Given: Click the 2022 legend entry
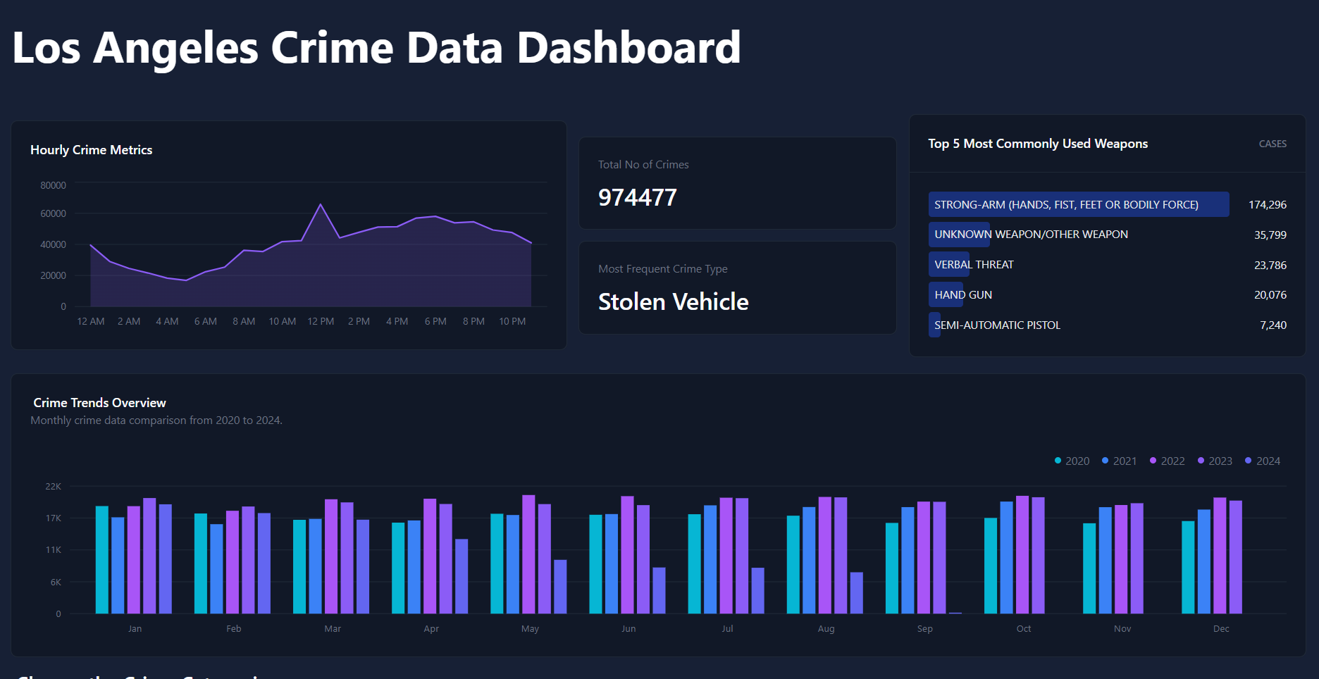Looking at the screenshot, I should (1167, 461).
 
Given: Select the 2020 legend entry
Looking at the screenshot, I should (1072, 461).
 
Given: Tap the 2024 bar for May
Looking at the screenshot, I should (560, 586).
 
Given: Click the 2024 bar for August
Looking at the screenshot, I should (856, 592).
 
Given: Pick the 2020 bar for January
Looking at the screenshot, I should (102, 559).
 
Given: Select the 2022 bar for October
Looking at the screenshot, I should (1022, 554).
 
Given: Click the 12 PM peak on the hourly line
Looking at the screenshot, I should (321, 205).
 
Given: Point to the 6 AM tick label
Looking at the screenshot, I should (206, 321).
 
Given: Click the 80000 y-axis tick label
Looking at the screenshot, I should (53, 185).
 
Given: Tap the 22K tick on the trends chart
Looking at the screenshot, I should (54, 486).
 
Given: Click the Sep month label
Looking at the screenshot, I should (925, 628).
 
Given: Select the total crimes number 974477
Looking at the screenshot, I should (637, 197).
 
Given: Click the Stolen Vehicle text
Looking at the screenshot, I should (673, 301).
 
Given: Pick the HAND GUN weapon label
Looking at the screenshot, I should (963, 294).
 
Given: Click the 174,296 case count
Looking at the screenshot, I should (1267, 204).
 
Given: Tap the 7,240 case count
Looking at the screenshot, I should (1272, 325).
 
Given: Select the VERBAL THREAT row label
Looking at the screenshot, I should (974, 264).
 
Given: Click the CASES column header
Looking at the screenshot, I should (1272, 144).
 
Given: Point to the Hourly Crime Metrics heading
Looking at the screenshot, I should (91, 149).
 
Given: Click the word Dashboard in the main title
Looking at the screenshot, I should (628, 48).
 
